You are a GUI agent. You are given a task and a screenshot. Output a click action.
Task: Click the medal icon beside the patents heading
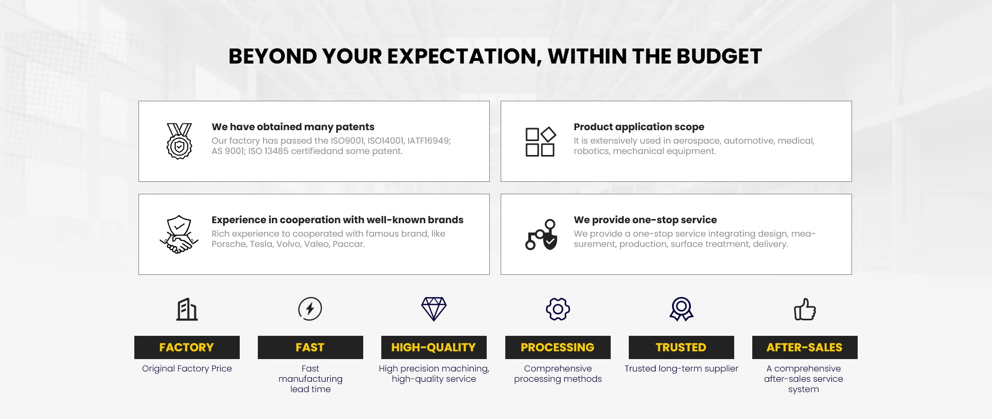[x=179, y=141]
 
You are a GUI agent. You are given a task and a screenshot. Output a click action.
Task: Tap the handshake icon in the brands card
[x=179, y=234]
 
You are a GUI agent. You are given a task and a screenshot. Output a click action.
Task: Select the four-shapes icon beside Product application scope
[x=540, y=142]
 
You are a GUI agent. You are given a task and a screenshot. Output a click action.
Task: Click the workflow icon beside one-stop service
[x=541, y=235]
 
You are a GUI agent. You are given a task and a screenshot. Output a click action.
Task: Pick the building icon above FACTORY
[x=187, y=309]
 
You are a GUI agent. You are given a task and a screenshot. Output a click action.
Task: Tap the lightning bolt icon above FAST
[x=310, y=309]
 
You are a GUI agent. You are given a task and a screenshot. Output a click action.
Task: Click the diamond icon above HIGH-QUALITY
[x=434, y=309]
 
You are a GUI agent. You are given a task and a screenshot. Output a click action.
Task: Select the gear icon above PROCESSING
[x=558, y=309]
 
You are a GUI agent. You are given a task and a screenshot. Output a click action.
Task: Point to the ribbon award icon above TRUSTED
[x=681, y=309]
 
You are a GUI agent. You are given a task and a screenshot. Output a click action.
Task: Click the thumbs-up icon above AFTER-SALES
[x=805, y=309]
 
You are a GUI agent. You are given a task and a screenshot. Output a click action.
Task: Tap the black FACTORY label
[x=187, y=347]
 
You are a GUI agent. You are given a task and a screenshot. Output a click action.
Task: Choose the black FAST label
[x=311, y=347]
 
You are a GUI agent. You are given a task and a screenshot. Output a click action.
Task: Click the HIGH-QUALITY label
[x=434, y=347]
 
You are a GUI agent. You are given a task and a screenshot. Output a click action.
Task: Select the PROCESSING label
[x=558, y=347]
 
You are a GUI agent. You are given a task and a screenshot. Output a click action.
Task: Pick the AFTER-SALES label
[x=805, y=347]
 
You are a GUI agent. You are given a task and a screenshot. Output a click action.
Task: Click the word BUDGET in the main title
[x=719, y=56]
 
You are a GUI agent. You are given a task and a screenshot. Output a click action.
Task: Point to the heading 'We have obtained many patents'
[x=293, y=127]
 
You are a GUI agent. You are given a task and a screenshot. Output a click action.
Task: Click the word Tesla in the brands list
[x=261, y=244]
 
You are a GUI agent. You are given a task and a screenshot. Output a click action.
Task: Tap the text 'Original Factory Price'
[x=187, y=368]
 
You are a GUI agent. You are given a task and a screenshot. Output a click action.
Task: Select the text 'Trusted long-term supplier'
[x=681, y=368]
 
